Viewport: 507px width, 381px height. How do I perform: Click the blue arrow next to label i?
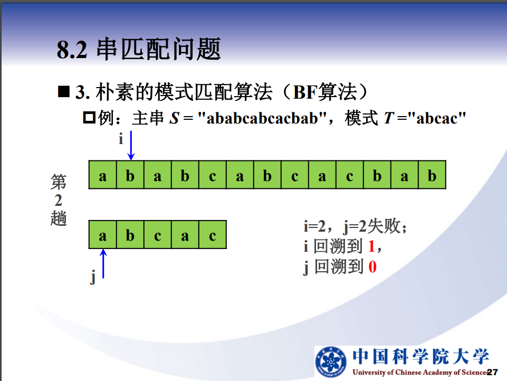131,145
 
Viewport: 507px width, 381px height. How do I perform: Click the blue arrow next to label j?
103,263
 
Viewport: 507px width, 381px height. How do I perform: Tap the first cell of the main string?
102,175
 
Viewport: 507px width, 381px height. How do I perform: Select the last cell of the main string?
432,175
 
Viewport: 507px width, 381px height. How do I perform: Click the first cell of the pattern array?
102,234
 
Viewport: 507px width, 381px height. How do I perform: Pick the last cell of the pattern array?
213,234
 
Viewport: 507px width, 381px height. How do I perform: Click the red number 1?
371,246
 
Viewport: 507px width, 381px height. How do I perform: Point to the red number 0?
372,267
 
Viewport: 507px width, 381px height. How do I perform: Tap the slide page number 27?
492,372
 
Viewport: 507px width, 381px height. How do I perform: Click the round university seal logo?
331,361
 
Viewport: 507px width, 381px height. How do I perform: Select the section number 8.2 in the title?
72,50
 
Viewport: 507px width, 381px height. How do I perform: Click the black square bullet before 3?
64,91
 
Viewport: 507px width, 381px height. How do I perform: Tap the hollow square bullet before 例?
89,117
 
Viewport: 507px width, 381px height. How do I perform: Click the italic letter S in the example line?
174,118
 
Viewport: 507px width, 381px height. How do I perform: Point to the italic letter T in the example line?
389,118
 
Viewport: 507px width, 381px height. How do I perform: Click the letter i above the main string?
121,139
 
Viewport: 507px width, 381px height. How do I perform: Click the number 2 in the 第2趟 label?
59,201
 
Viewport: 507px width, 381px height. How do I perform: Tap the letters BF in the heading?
305,92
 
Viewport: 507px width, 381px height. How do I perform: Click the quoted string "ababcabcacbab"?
262,118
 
